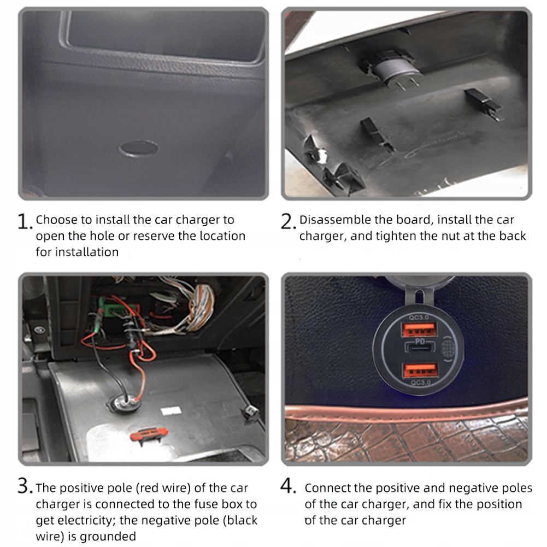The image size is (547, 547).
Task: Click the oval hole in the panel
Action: coord(138,148)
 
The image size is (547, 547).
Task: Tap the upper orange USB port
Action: coord(420,330)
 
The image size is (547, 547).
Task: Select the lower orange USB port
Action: coord(420,370)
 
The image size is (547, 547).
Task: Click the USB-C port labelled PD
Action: coord(420,347)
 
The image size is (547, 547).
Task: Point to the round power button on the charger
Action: coord(448,348)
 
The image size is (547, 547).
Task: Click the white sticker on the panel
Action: coord(171,411)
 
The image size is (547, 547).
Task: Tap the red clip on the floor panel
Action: coord(149,434)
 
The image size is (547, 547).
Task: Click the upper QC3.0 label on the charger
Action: coord(419,317)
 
